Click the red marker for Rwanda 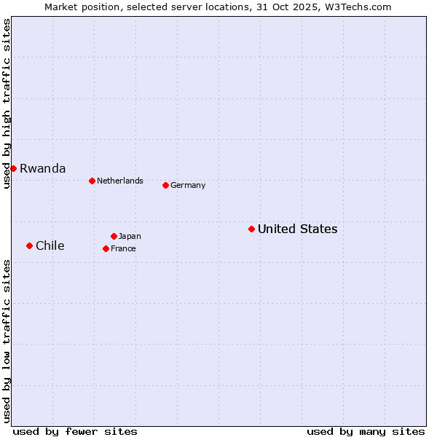tap(13, 168)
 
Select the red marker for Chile tap(29, 245)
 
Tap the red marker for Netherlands tap(92, 181)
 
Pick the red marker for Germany tap(165, 185)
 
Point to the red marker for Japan tap(114, 236)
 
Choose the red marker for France tap(106, 248)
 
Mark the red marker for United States tap(251, 229)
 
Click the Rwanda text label tap(42, 168)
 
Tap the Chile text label tap(50, 245)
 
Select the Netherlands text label tap(119, 181)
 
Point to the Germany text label tap(188, 185)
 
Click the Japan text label tap(130, 236)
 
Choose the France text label tap(123, 248)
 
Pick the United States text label tap(297, 229)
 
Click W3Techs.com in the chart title tap(358, 7)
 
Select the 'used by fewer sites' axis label tap(75, 431)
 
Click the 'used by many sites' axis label tap(366, 431)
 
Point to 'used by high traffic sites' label tap(7, 103)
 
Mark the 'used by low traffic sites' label tap(7, 341)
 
